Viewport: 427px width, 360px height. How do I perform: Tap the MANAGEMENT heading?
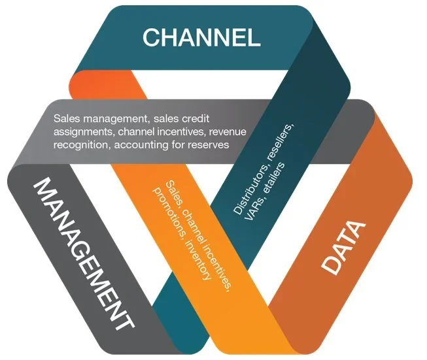84,254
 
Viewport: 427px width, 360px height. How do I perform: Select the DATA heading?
343,247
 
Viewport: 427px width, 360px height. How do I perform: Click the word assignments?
83,132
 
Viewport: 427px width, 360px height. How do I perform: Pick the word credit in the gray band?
196,118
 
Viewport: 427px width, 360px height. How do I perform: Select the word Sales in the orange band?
173,191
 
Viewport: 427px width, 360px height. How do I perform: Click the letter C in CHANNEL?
150,37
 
